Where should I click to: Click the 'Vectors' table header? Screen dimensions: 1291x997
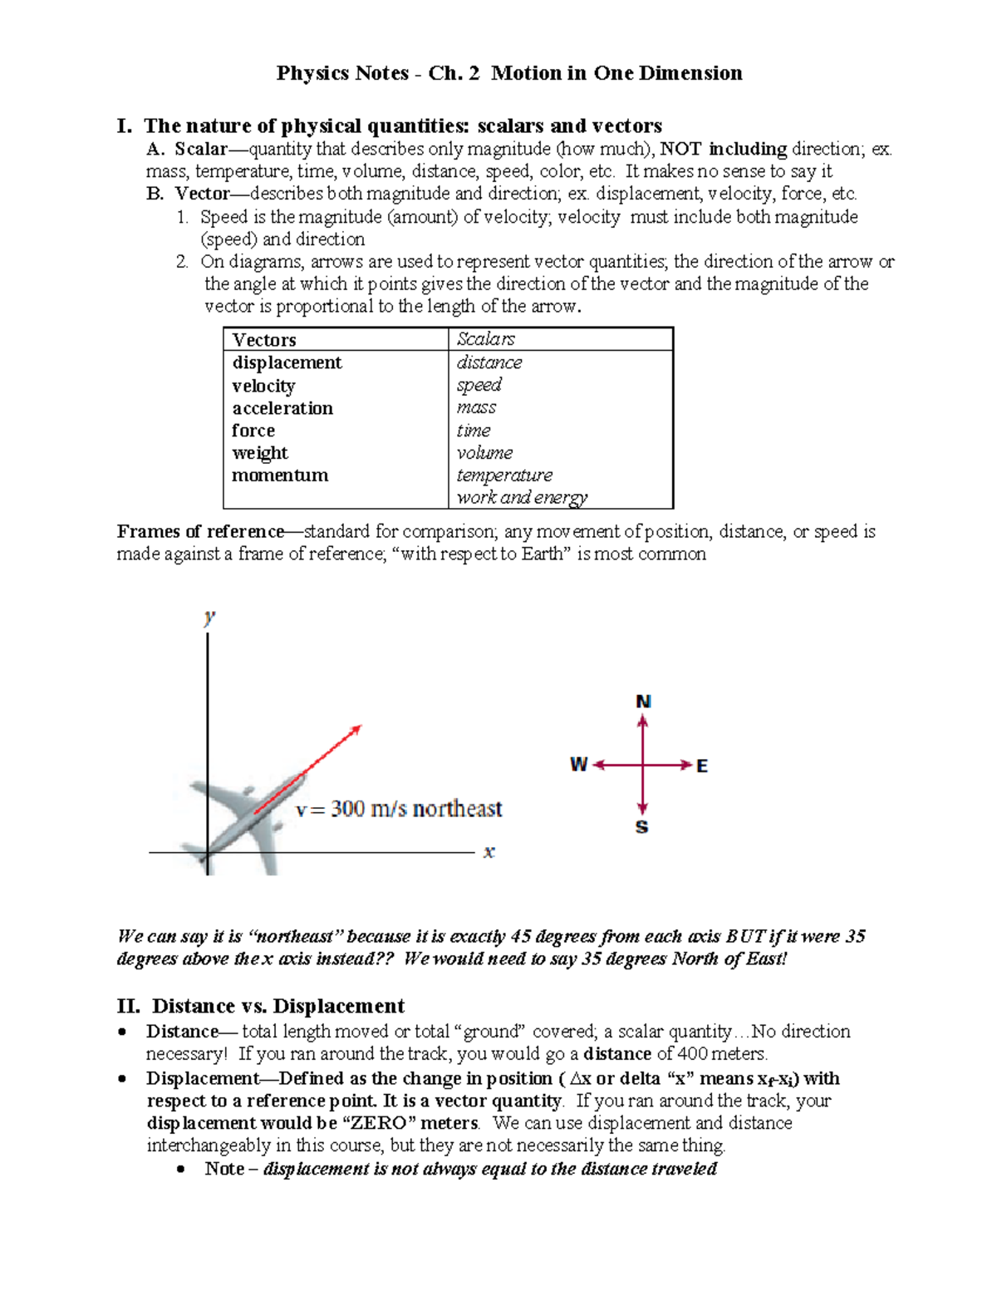point(264,339)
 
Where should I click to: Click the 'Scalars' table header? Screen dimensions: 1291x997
point(486,338)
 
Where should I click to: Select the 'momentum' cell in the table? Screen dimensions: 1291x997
point(280,476)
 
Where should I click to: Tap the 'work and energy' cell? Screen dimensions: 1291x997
point(522,497)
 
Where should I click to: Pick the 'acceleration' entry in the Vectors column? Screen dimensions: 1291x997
point(282,408)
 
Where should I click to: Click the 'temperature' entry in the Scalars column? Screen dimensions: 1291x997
point(504,476)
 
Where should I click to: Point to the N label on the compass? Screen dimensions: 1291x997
point(643,702)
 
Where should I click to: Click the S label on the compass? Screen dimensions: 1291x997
point(641,827)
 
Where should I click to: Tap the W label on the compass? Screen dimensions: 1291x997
point(578,765)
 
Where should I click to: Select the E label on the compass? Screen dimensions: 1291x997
point(703,766)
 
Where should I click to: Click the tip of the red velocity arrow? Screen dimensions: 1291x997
point(360,727)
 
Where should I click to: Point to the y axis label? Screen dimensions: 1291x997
point(209,617)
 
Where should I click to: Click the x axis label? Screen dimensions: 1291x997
point(489,852)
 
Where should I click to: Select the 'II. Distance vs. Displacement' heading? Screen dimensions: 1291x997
point(261,1006)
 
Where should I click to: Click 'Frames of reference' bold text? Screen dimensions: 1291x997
point(200,531)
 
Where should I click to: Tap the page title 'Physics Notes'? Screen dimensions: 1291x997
point(341,73)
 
